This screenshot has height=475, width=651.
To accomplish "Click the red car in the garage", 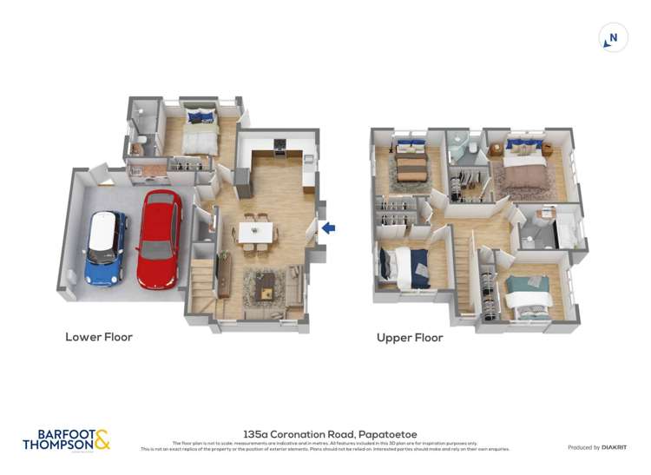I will tap(159, 239).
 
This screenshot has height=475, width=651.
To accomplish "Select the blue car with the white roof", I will tap(105, 248).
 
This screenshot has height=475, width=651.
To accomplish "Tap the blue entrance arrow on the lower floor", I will tap(328, 228).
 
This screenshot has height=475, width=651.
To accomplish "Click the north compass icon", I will tap(614, 37).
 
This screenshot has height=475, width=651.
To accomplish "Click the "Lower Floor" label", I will tap(99, 337).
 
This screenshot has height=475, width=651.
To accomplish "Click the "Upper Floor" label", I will tap(410, 338).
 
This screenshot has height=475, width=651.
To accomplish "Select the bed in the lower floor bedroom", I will tap(200, 130).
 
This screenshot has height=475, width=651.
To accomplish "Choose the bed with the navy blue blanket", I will tap(406, 266).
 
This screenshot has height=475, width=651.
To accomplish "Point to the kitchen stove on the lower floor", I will tap(279, 148).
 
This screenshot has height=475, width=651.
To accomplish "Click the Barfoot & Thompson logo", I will tap(66, 439).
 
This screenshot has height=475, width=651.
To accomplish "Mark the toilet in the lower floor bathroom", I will tap(140, 143).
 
